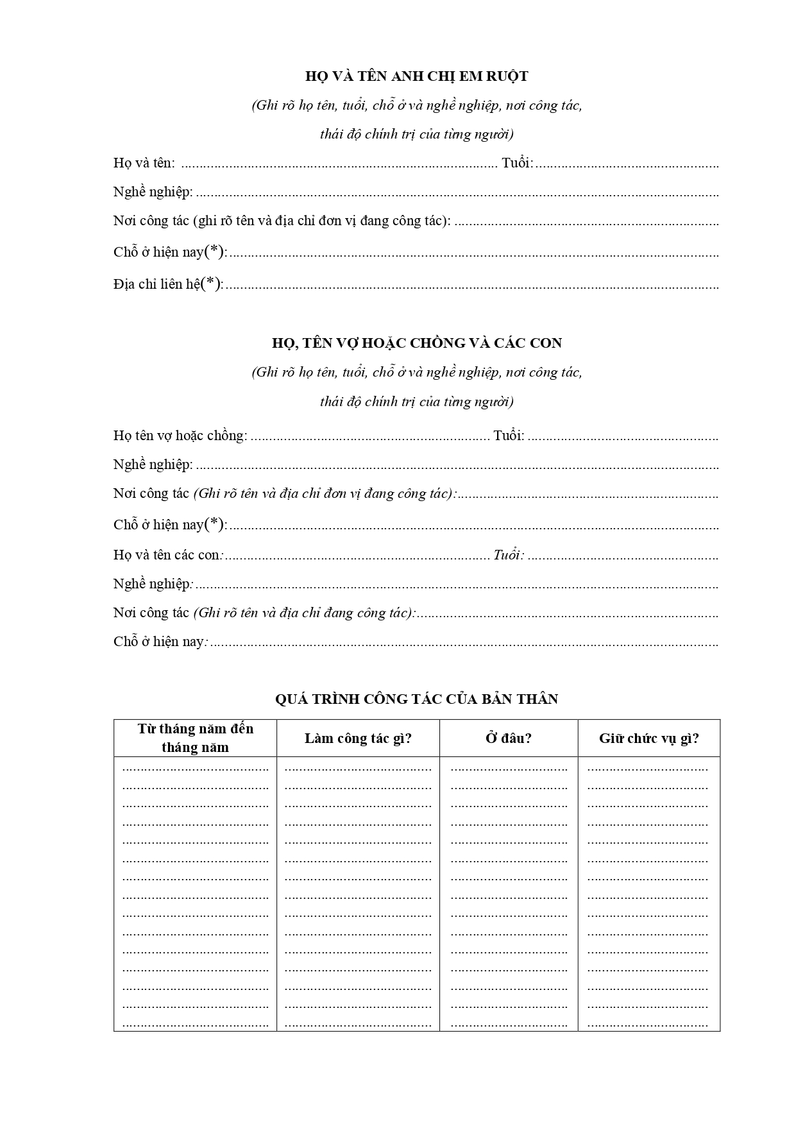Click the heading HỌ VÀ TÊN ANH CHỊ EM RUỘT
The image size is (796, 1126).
(x=416, y=76)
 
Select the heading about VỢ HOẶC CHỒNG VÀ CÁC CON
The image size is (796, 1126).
(x=416, y=343)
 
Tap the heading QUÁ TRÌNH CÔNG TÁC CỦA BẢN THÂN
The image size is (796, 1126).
(x=416, y=699)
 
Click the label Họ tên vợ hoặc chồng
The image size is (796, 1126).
(x=180, y=436)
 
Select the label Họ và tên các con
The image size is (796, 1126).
(x=167, y=555)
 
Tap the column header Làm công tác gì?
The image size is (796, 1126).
(x=358, y=738)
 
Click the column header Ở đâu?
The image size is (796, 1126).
(x=509, y=738)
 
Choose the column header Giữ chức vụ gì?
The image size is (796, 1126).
(x=649, y=738)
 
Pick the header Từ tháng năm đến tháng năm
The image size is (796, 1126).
(x=196, y=738)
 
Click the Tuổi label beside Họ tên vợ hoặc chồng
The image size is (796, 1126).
(x=509, y=436)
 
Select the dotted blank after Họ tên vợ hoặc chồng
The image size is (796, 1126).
(x=370, y=438)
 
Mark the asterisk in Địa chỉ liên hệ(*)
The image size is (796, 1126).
(x=211, y=283)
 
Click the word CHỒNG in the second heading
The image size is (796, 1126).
(x=446, y=343)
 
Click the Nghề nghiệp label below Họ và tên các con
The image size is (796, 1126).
(x=152, y=584)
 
